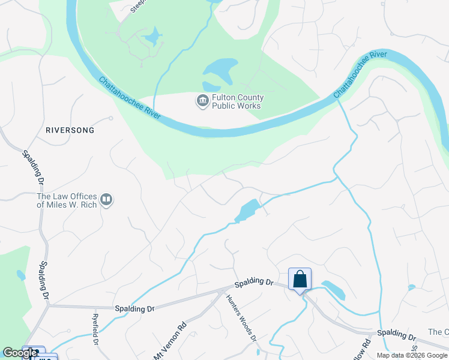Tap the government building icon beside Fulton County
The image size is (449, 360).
pos(202,101)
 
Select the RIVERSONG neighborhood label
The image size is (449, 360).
pos(70,130)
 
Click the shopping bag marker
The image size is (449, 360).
pos(300,280)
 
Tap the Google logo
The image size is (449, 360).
pos(20,353)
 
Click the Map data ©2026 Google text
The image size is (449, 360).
pos(412,355)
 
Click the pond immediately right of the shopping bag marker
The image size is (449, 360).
pos(334,290)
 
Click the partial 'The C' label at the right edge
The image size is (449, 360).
pos(438,332)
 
